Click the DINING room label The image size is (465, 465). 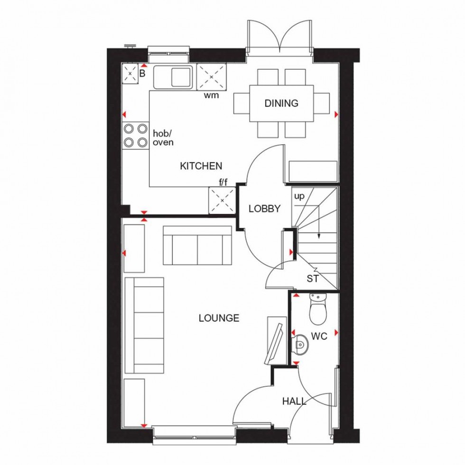(x=281, y=103)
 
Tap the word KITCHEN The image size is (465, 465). (x=201, y=166)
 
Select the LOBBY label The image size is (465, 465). (x=265, y=208)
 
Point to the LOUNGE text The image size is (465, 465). (x=219, y=318)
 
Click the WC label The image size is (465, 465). (x=319, y=336)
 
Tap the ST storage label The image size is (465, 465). (x=313, y=279)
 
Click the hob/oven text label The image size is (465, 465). (x=163, y=138)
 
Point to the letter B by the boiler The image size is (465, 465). (x=142, y=74)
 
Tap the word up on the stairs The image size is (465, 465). (x=299, y=195)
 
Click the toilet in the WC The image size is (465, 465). (x=316, y=310)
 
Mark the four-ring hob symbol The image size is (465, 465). (x=135, y=135)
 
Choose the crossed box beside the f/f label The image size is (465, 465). (x=222, y=200)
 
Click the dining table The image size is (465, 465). (x=281, y=103)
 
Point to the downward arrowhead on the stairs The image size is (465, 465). (x=319, y=235)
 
